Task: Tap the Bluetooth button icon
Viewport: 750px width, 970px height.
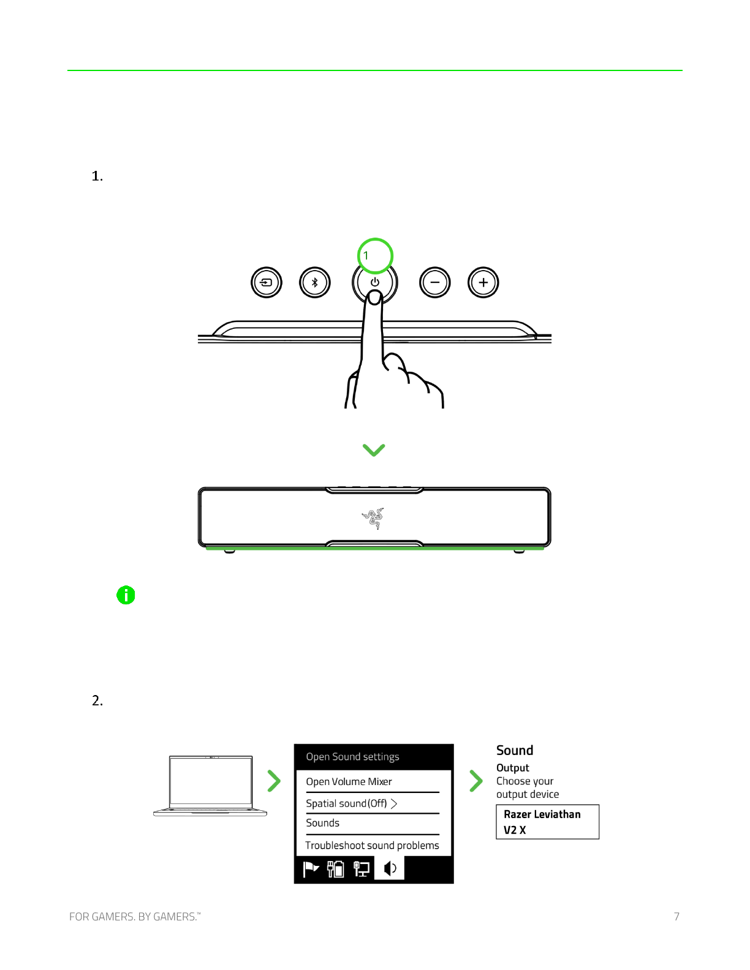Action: click(x=315, y=283)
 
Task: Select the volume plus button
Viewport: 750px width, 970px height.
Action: click(x=483, y=283)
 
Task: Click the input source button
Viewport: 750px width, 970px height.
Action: click(x=267, y=283)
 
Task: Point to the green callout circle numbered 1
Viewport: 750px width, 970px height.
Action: click(x=374, y=255)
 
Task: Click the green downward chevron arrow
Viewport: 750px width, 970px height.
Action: click(x=374, y=450)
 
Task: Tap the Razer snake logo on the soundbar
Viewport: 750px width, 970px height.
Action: click(x=373, y=518)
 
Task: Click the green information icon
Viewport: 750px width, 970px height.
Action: click(x=126, y=595)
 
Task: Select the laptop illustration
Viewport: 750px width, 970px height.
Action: click(x=210, y=785)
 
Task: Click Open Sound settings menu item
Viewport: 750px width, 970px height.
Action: click(x=352, y=757)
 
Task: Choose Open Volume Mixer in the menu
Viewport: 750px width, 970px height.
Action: click(x=349, y=782)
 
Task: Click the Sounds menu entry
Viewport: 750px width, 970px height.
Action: click(x=323, y=823)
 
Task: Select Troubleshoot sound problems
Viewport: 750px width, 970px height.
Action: click(x=372, y=846)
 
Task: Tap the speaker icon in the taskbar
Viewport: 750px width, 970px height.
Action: click(x=390, y=868)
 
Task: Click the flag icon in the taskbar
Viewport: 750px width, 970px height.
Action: click(x=311, y=869)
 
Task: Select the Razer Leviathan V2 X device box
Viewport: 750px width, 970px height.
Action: click(x=547, y=822)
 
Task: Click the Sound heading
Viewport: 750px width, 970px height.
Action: click(x=515, y=751)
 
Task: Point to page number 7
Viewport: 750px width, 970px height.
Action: click(x=676, y=917)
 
